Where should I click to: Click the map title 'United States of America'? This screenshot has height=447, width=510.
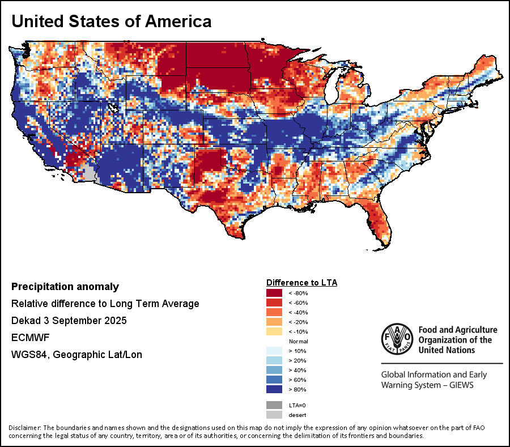(112, 22)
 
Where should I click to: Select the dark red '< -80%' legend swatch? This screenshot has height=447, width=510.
(274, 293)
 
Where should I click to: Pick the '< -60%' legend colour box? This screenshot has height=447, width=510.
(274, 303)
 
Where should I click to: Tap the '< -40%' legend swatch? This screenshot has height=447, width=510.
(274, 312)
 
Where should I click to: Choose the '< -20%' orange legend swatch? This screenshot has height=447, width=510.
(274, 322)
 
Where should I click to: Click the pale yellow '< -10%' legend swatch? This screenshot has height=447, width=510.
(274, 331)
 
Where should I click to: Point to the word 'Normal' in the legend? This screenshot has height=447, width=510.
(298, 342)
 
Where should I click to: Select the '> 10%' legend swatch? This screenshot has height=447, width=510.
(274, 351)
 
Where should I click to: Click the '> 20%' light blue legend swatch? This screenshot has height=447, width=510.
(274, 361)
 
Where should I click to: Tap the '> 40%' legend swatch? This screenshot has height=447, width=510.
(274, 371)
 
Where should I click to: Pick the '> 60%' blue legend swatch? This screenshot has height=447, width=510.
(274, 380)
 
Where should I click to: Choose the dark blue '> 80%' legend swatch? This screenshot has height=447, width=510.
(274, 390)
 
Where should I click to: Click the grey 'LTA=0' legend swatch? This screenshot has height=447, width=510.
(274, 405)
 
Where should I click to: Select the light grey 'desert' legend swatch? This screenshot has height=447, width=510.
(274, 415)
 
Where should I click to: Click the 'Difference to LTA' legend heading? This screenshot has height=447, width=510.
(301, 282)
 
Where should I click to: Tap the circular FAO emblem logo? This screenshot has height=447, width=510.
(397, 339)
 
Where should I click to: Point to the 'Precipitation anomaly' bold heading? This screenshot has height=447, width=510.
(65, 287)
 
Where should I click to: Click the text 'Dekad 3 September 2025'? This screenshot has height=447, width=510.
(69, 321)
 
